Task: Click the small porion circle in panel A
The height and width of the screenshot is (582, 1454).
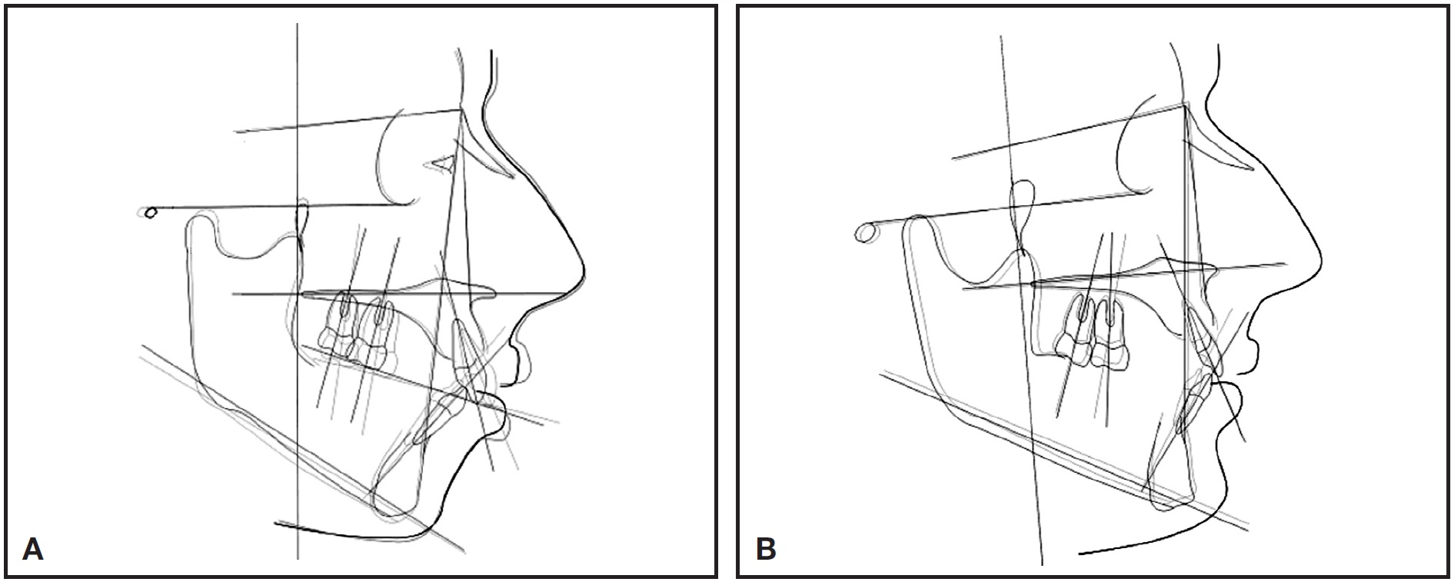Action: pos(150,211)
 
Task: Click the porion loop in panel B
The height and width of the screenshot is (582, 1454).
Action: pos(867,233)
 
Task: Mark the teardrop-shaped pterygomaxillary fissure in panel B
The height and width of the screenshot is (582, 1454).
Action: pos(1021,215)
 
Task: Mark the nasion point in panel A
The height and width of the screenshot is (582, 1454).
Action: pos(460,110)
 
